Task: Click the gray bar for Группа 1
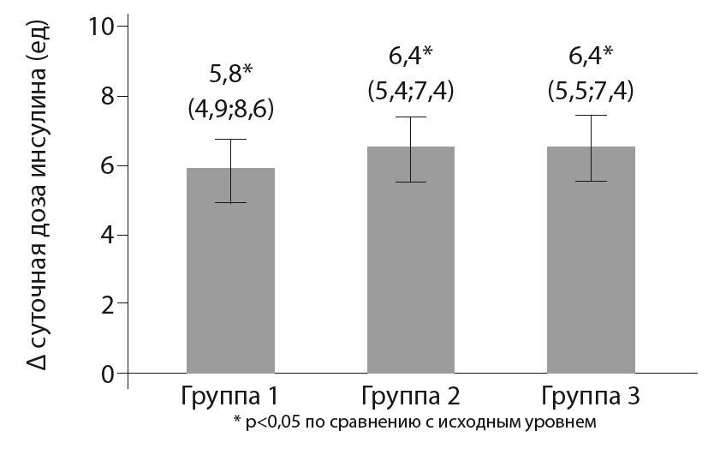[230, 274]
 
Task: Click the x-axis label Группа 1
[230, 398]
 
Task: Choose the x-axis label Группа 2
[411, 398]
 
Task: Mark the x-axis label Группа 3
[592, 398]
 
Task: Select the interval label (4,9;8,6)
[230, 110]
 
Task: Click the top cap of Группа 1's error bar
[230, 140]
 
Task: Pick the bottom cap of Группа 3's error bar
[592, 182]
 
